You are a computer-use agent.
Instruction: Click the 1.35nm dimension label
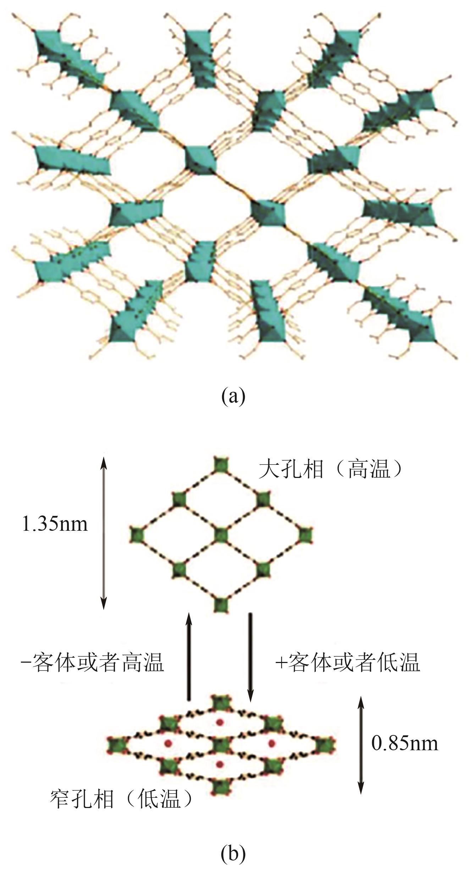(54, 524)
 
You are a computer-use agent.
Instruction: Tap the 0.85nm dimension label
(404, 742)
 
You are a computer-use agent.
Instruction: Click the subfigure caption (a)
(233, 396)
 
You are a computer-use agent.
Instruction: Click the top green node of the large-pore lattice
(221, 465)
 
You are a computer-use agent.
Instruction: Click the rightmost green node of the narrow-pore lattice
(325, 743)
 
